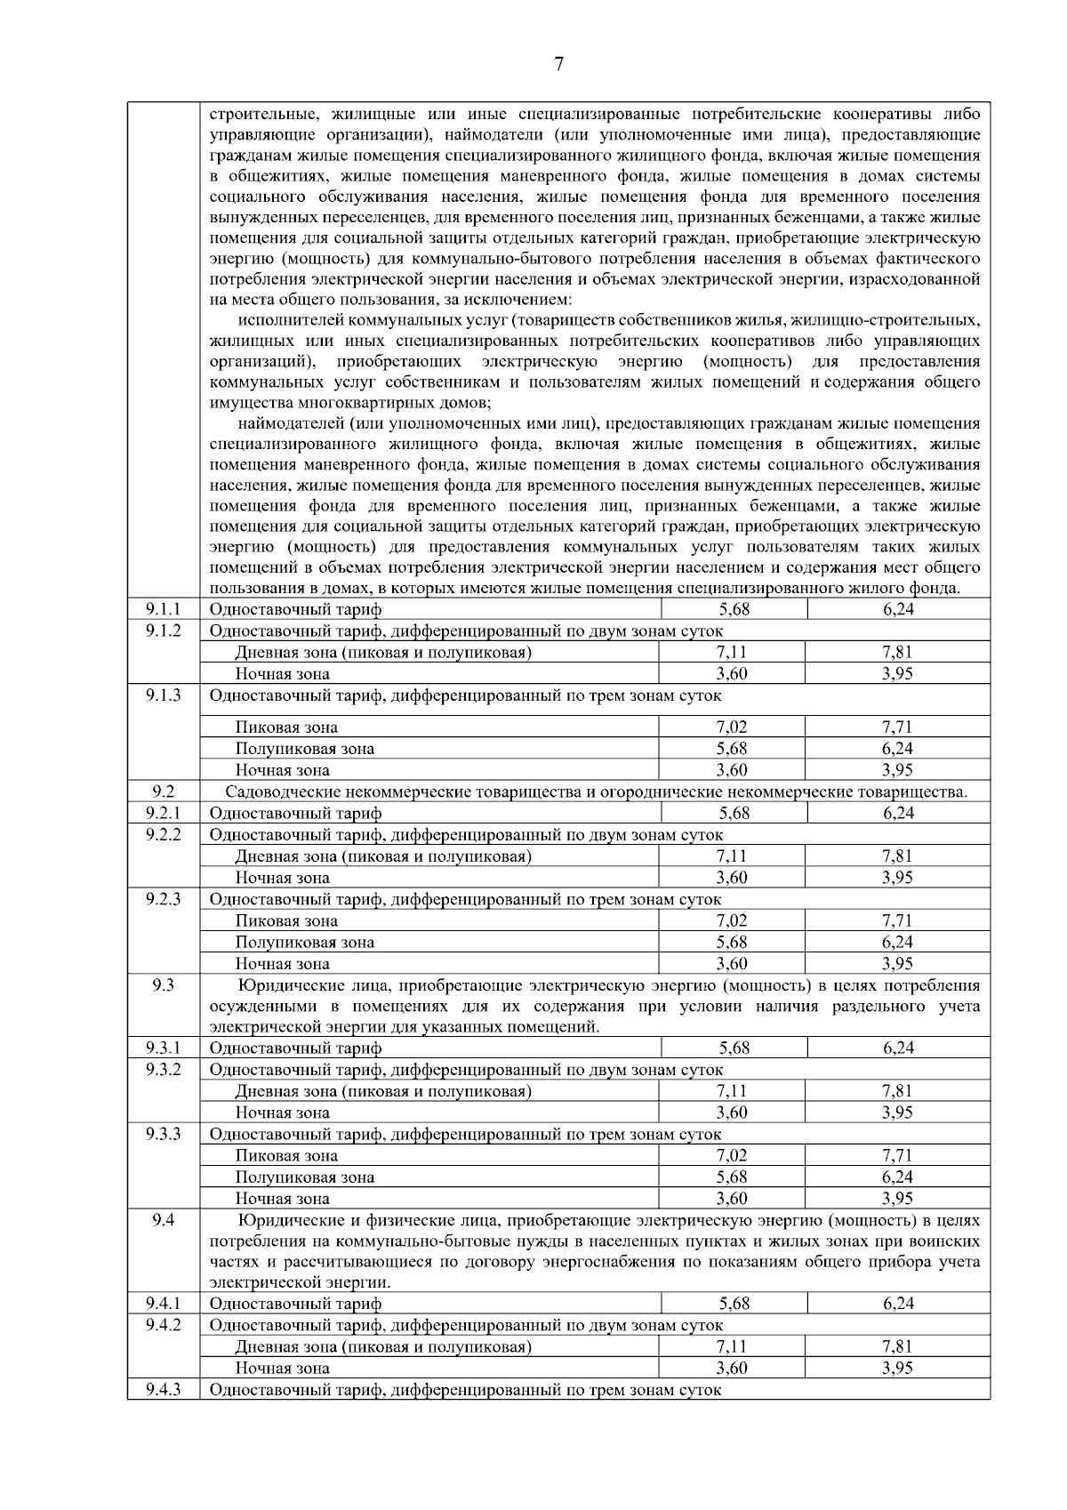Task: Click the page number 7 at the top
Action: coord(558,64)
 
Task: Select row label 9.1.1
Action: coord(163,609)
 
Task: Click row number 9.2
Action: coord(163,791)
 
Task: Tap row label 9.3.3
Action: coord(163,1134)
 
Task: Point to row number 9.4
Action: coord(163,1220)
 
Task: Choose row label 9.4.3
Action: coord(163,1389)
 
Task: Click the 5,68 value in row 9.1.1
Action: coord(734,609)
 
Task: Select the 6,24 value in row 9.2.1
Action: coord(898,813)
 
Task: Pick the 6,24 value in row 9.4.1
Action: coord(898,1304)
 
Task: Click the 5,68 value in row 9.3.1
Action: coord(734,1048)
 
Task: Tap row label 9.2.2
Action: coord(163,834)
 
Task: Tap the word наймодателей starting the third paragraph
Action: coord(293,423)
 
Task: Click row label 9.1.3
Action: coord(163,695)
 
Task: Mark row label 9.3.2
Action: coord(163,1069)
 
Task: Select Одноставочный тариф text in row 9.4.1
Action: coord(295,1304)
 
